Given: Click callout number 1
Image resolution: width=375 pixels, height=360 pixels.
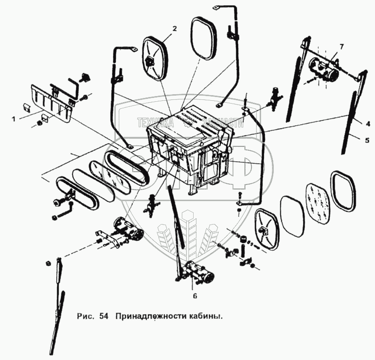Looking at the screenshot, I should [x=14, y=119].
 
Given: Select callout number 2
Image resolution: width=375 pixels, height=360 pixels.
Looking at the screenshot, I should [x=174, y=29].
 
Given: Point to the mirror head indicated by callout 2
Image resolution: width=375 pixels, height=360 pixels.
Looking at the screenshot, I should [x=155, y=59].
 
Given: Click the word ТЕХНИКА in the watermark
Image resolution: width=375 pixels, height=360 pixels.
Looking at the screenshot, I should [x=155, y=123].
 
